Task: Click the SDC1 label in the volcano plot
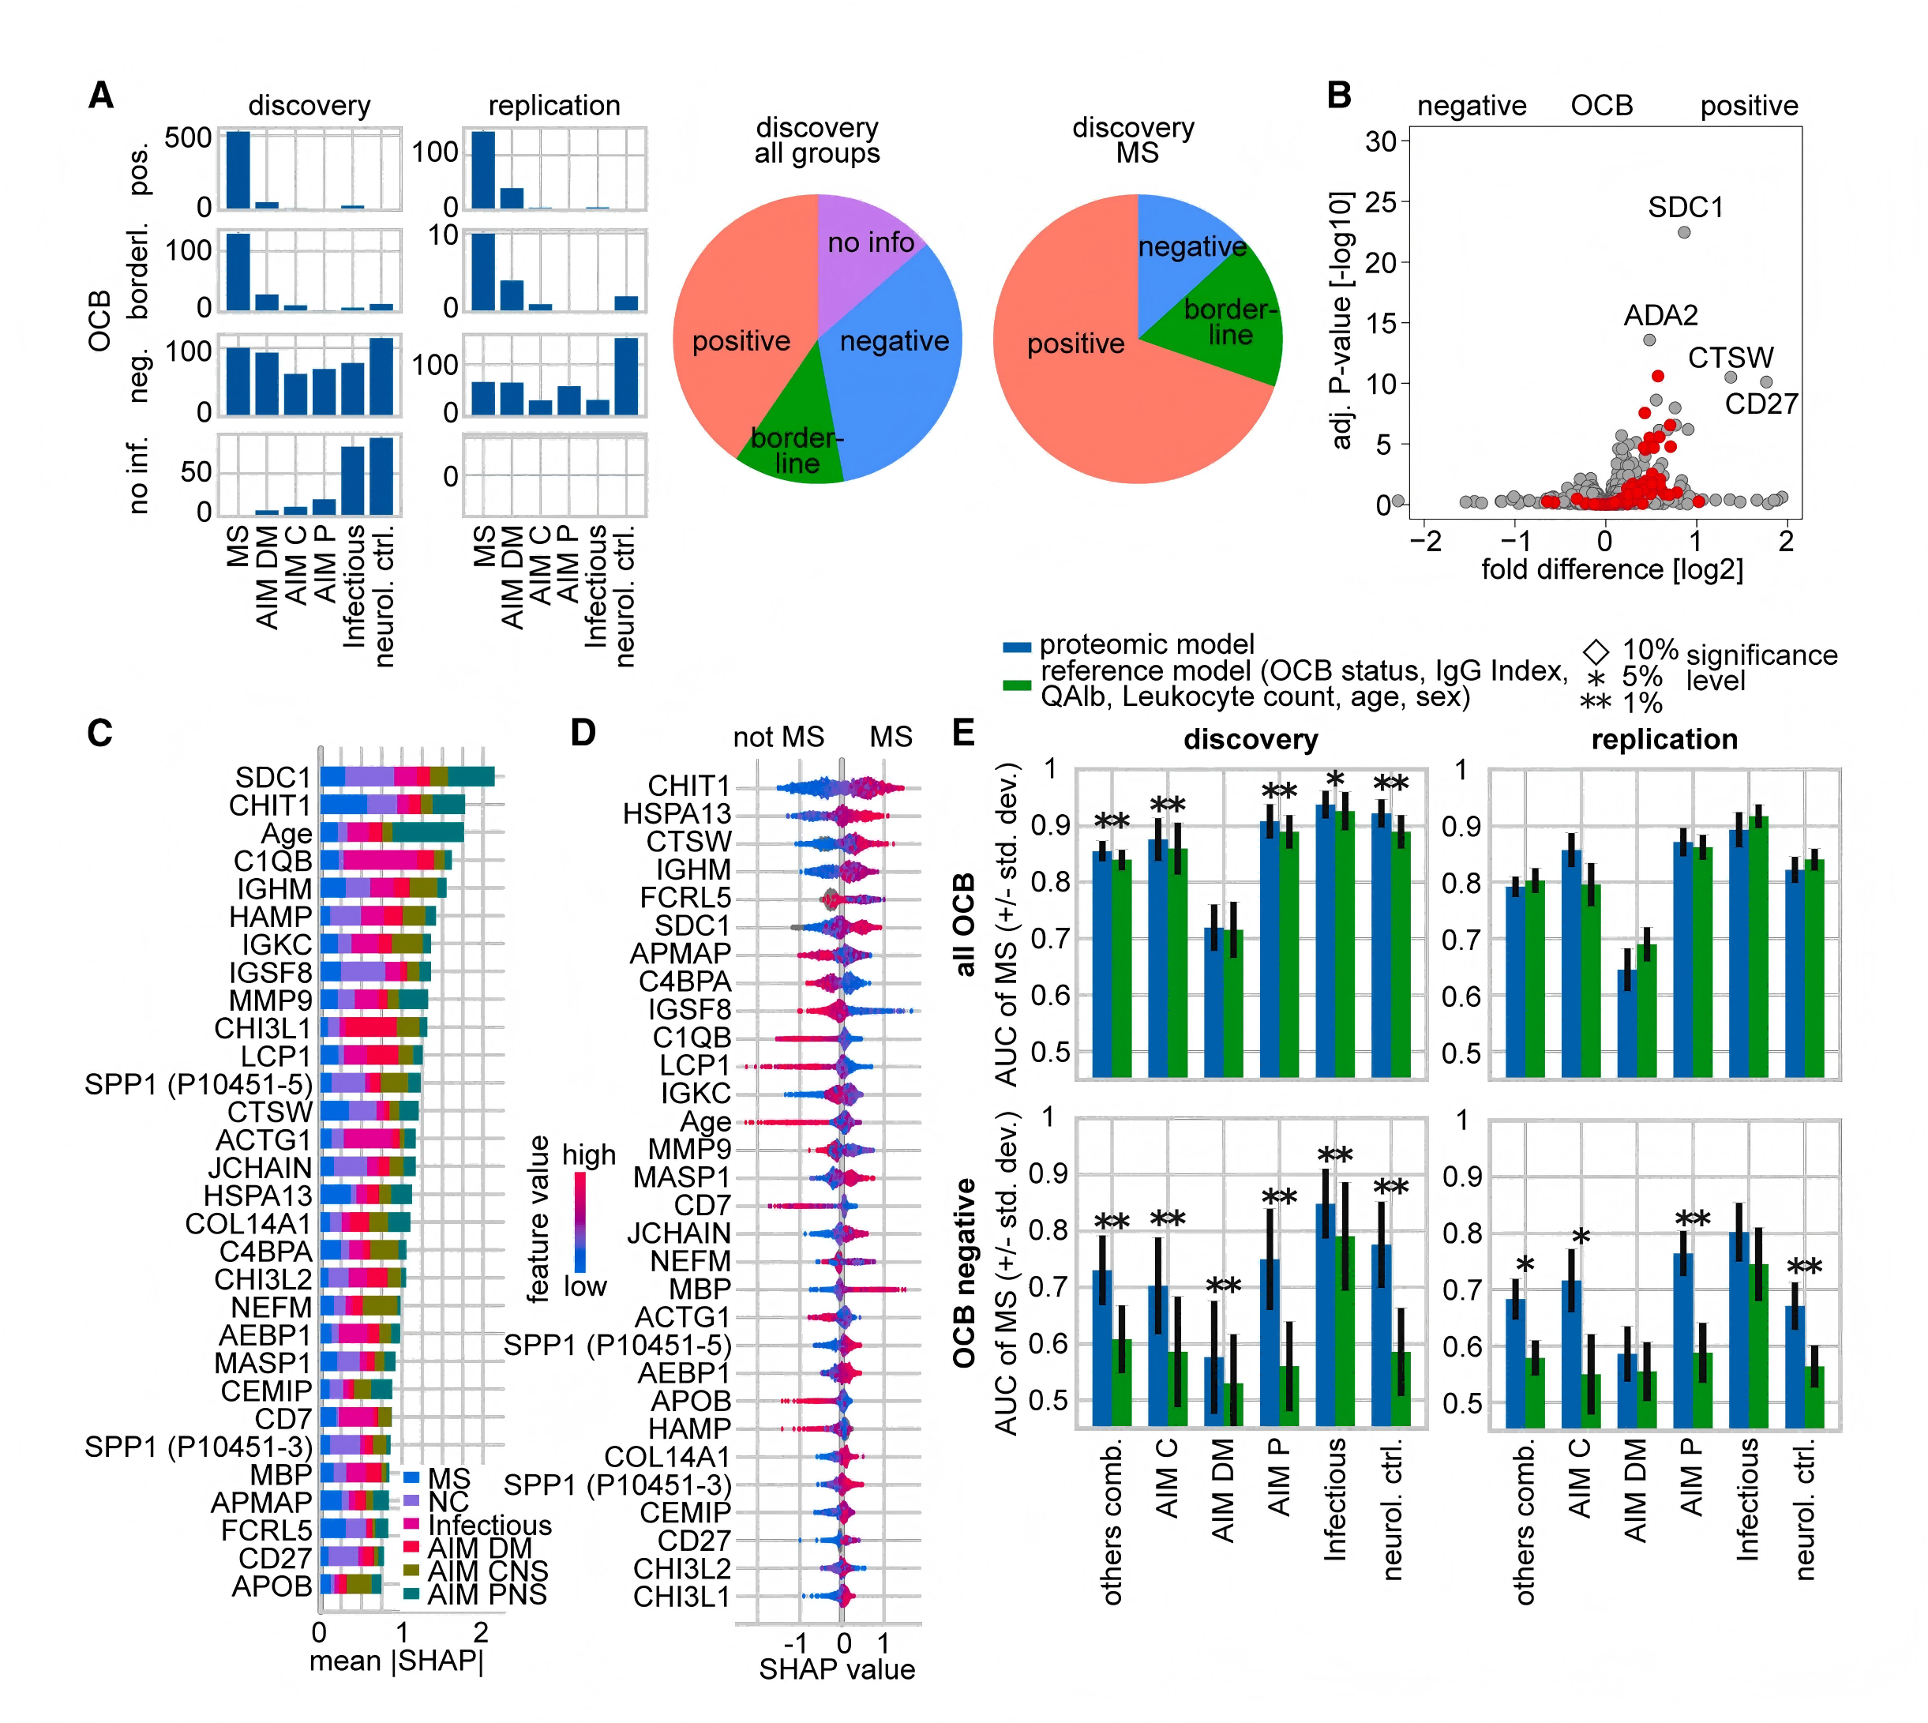[x=1685, y=208]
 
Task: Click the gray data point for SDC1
[x=1684, y=232]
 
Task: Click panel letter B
[x=1338, y=96]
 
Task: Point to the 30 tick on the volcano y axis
[x=1381, y=142]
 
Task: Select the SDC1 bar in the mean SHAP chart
[x=407, y=776]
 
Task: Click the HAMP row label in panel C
[x=271, y=917]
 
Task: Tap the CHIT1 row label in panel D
[x=689, y=786]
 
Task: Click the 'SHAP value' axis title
[x=837, y=1669]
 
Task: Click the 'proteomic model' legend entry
[x=1146, y=644]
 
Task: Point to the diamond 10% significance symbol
[x=1596, y=651]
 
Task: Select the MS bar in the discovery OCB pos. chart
[x=238, y=171]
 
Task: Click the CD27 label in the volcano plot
[x=1761, y=404]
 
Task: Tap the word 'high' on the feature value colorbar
[x=589, y=1155]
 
